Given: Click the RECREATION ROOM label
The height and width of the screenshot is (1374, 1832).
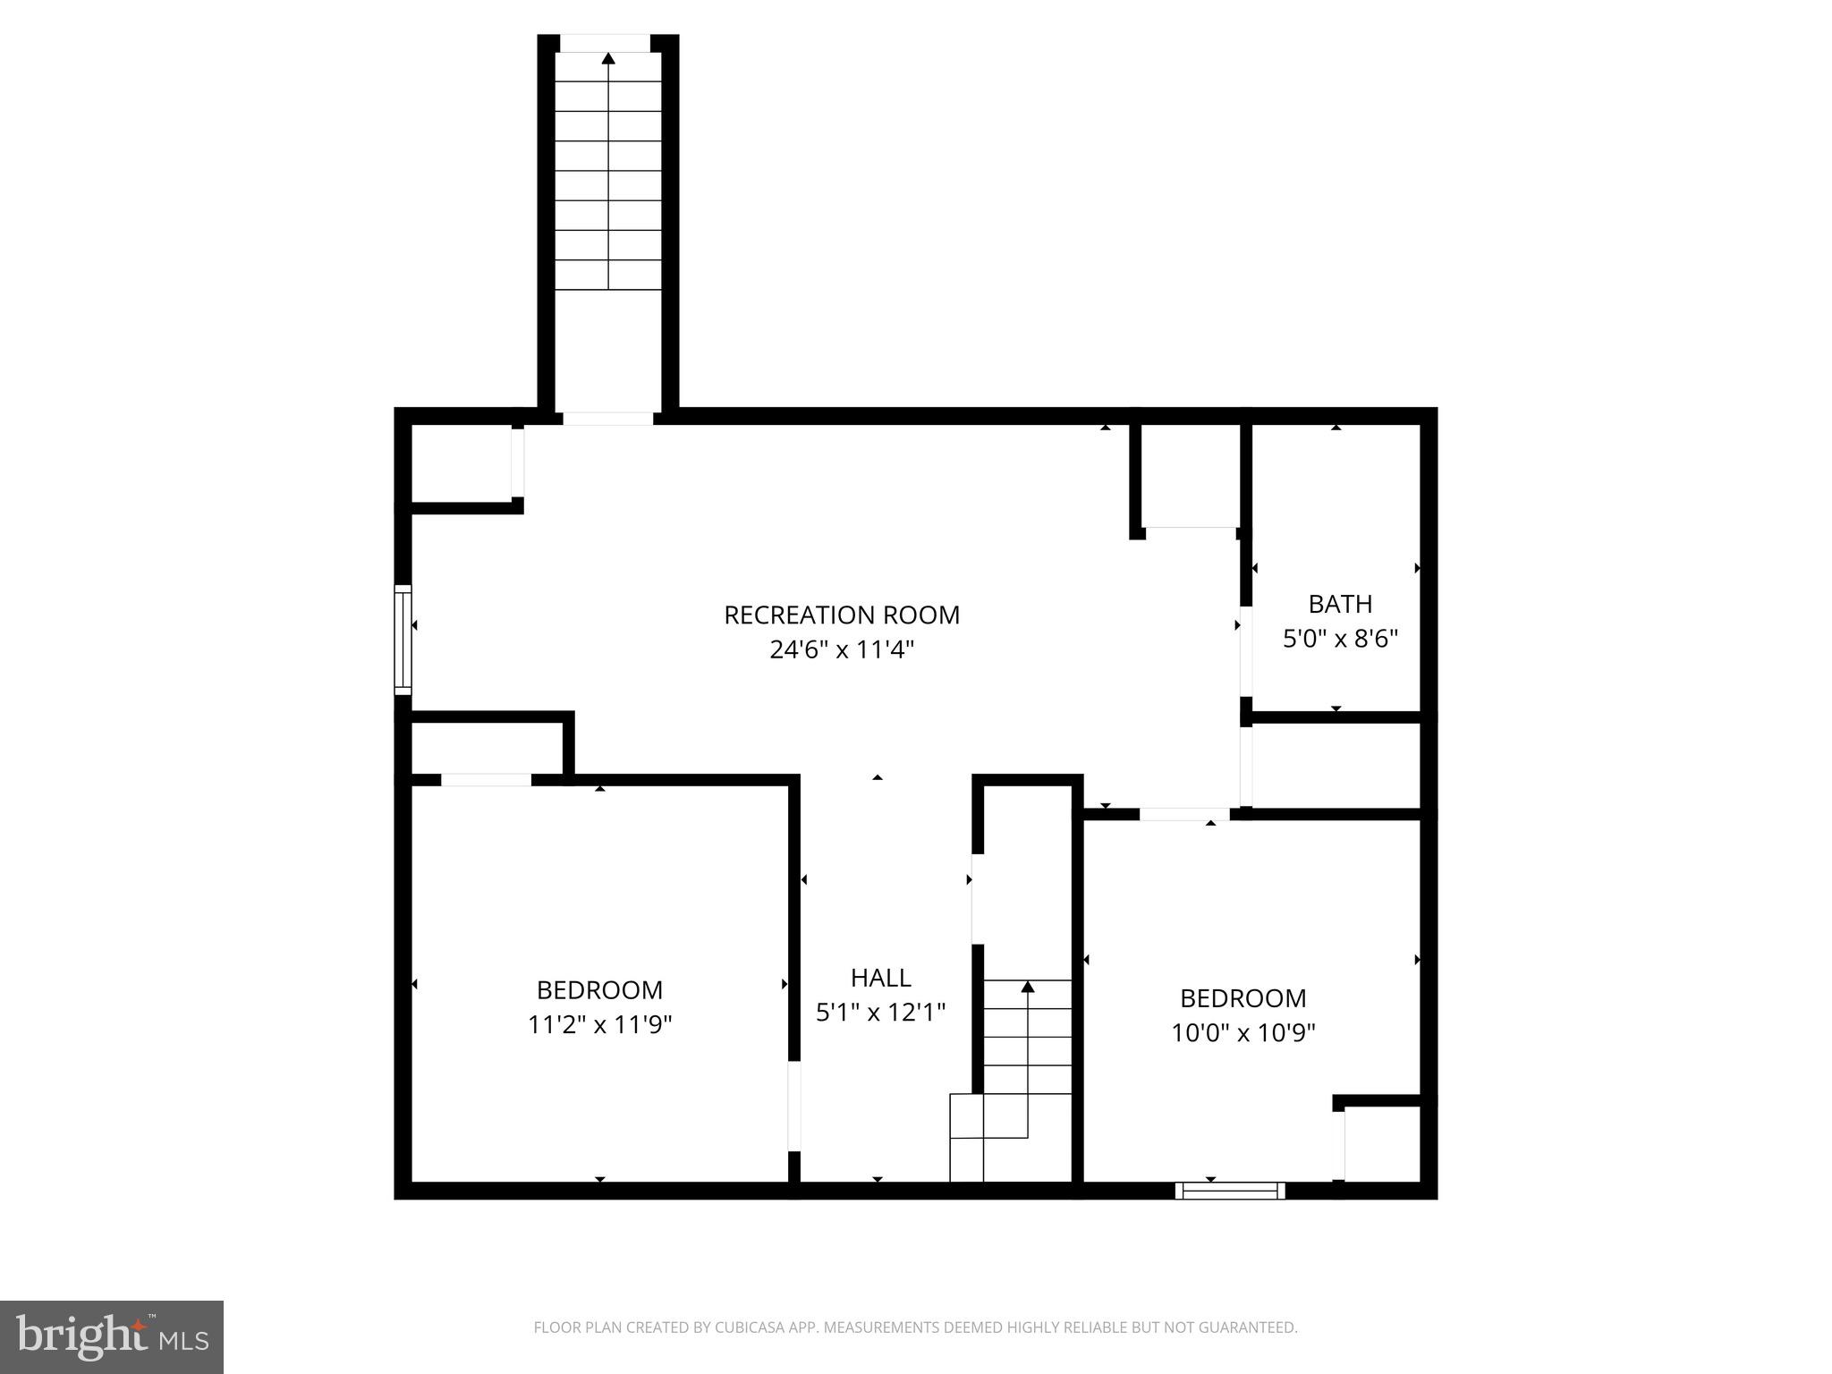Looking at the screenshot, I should (841, 615).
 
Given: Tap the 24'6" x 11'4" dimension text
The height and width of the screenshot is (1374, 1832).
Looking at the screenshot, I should (841, 650).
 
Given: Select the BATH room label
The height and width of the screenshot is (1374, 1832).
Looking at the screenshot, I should (1339, 605).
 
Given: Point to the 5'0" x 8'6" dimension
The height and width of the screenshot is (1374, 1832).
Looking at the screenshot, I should (1339, 639).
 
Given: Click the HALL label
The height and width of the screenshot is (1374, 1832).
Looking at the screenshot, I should (880, 978).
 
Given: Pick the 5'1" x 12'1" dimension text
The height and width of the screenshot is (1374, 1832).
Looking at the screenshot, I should (880, 1012).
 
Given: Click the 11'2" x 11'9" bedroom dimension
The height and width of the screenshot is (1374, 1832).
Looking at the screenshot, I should (599, 1024).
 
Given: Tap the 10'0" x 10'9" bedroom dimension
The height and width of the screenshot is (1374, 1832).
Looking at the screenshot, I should (1243, 1033).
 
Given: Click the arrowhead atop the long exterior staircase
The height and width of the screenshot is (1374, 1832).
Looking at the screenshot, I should (608, 59).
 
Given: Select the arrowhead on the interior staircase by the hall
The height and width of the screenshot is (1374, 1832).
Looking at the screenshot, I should (1028, 987).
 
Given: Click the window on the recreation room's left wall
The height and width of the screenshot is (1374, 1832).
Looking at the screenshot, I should (403, 640).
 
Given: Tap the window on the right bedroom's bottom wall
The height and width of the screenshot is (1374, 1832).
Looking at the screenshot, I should (1229, 1191).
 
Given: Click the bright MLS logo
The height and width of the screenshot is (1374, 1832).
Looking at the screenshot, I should (111, 1337).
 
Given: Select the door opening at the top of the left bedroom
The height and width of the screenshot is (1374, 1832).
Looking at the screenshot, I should (486, 780).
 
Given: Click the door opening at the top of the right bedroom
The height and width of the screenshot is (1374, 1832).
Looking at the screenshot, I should (1183, 814).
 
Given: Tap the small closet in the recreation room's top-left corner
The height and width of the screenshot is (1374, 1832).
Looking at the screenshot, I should (461, 463).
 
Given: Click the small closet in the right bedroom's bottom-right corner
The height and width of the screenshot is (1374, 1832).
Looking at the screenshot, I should (1382, 1145).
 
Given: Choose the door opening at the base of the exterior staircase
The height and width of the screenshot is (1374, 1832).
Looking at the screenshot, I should (607, 418).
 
